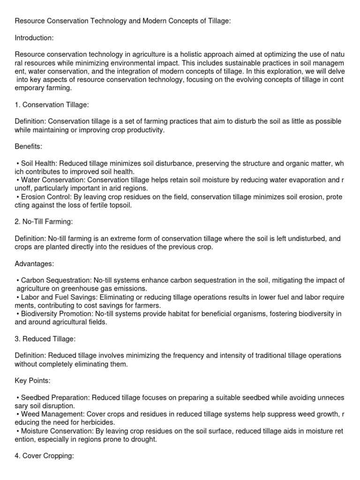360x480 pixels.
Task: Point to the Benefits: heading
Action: click(x=29, y=147)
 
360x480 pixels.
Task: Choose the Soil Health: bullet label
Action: click(x=39, y=163)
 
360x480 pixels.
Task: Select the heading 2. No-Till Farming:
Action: click(x=44, y=222)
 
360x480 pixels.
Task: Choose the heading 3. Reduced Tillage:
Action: click(x=45, y=339)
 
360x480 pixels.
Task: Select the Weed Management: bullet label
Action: click(x=51, y=414)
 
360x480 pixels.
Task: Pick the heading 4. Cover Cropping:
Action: click(x=45, y=456)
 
